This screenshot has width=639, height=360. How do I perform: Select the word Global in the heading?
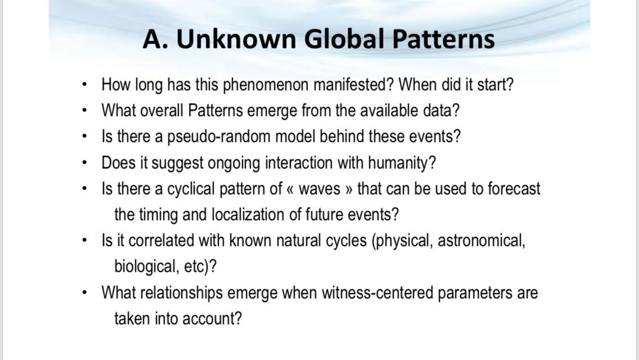coord(344,39)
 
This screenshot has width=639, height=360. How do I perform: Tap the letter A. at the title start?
coord(155,39)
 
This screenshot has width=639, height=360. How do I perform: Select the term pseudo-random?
coord(219,137)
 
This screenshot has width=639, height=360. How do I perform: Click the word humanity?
coord(402,163)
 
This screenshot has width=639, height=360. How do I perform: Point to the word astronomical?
coord(481,241)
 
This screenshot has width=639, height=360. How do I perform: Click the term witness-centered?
coord(377,292)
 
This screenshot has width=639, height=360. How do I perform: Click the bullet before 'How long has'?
coord(84,85)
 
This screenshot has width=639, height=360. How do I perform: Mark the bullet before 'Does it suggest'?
coord(84,163)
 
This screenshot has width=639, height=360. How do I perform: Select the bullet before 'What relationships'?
coord(84,292)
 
